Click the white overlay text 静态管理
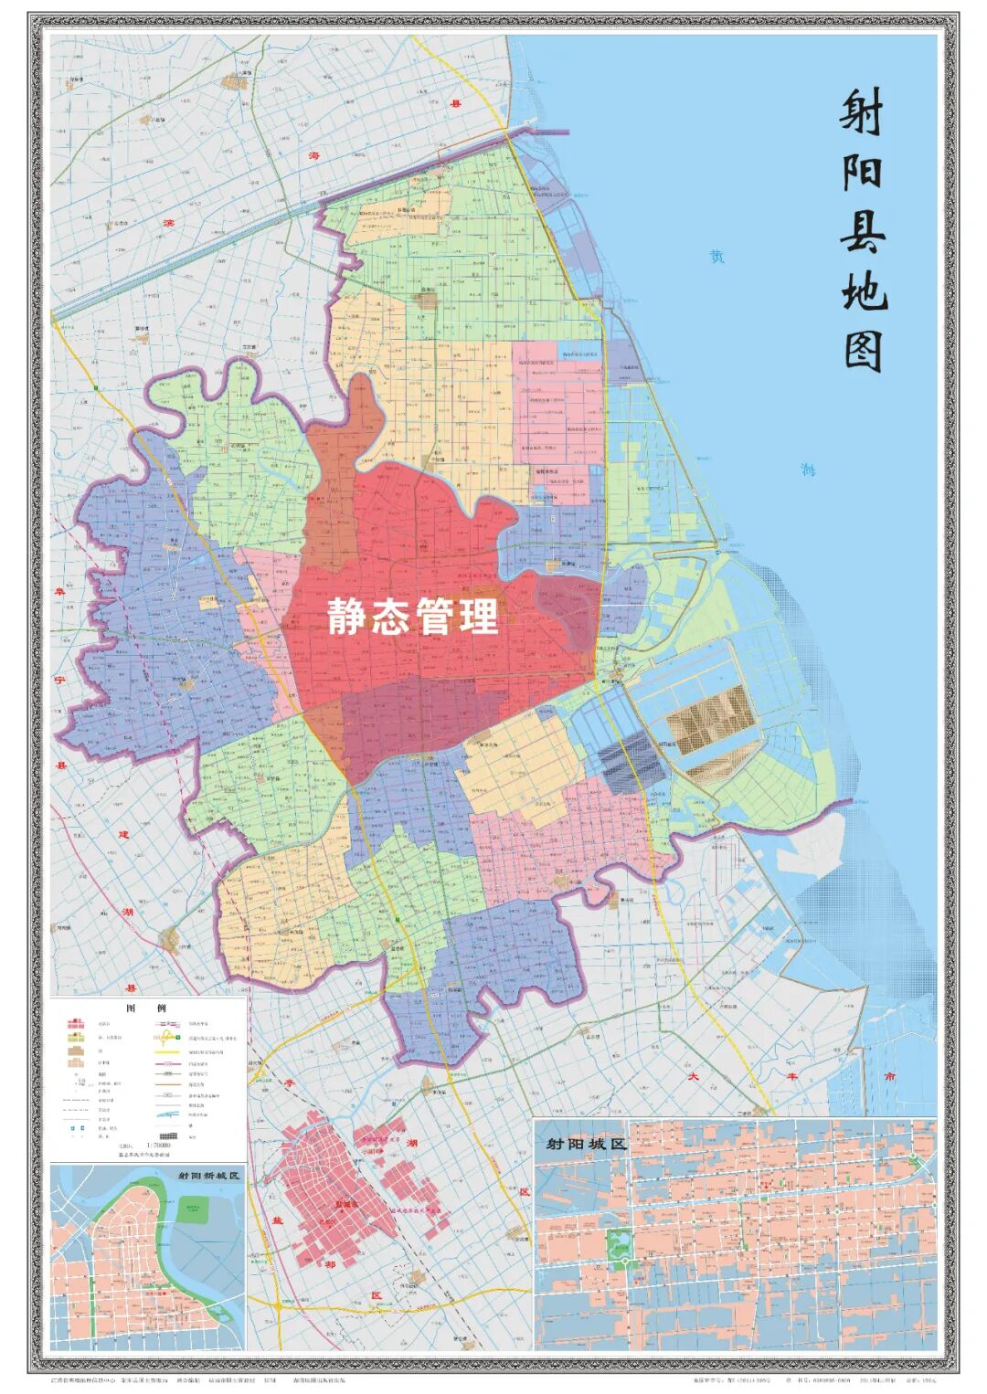tap(414, 618)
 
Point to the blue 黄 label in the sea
tap(717, 258)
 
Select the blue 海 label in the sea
tap(807, 470)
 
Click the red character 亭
tap(291, 1083)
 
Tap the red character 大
tap(693, 1078)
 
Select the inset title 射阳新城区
tap(207, 1175)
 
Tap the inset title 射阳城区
tap(585, 1143)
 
